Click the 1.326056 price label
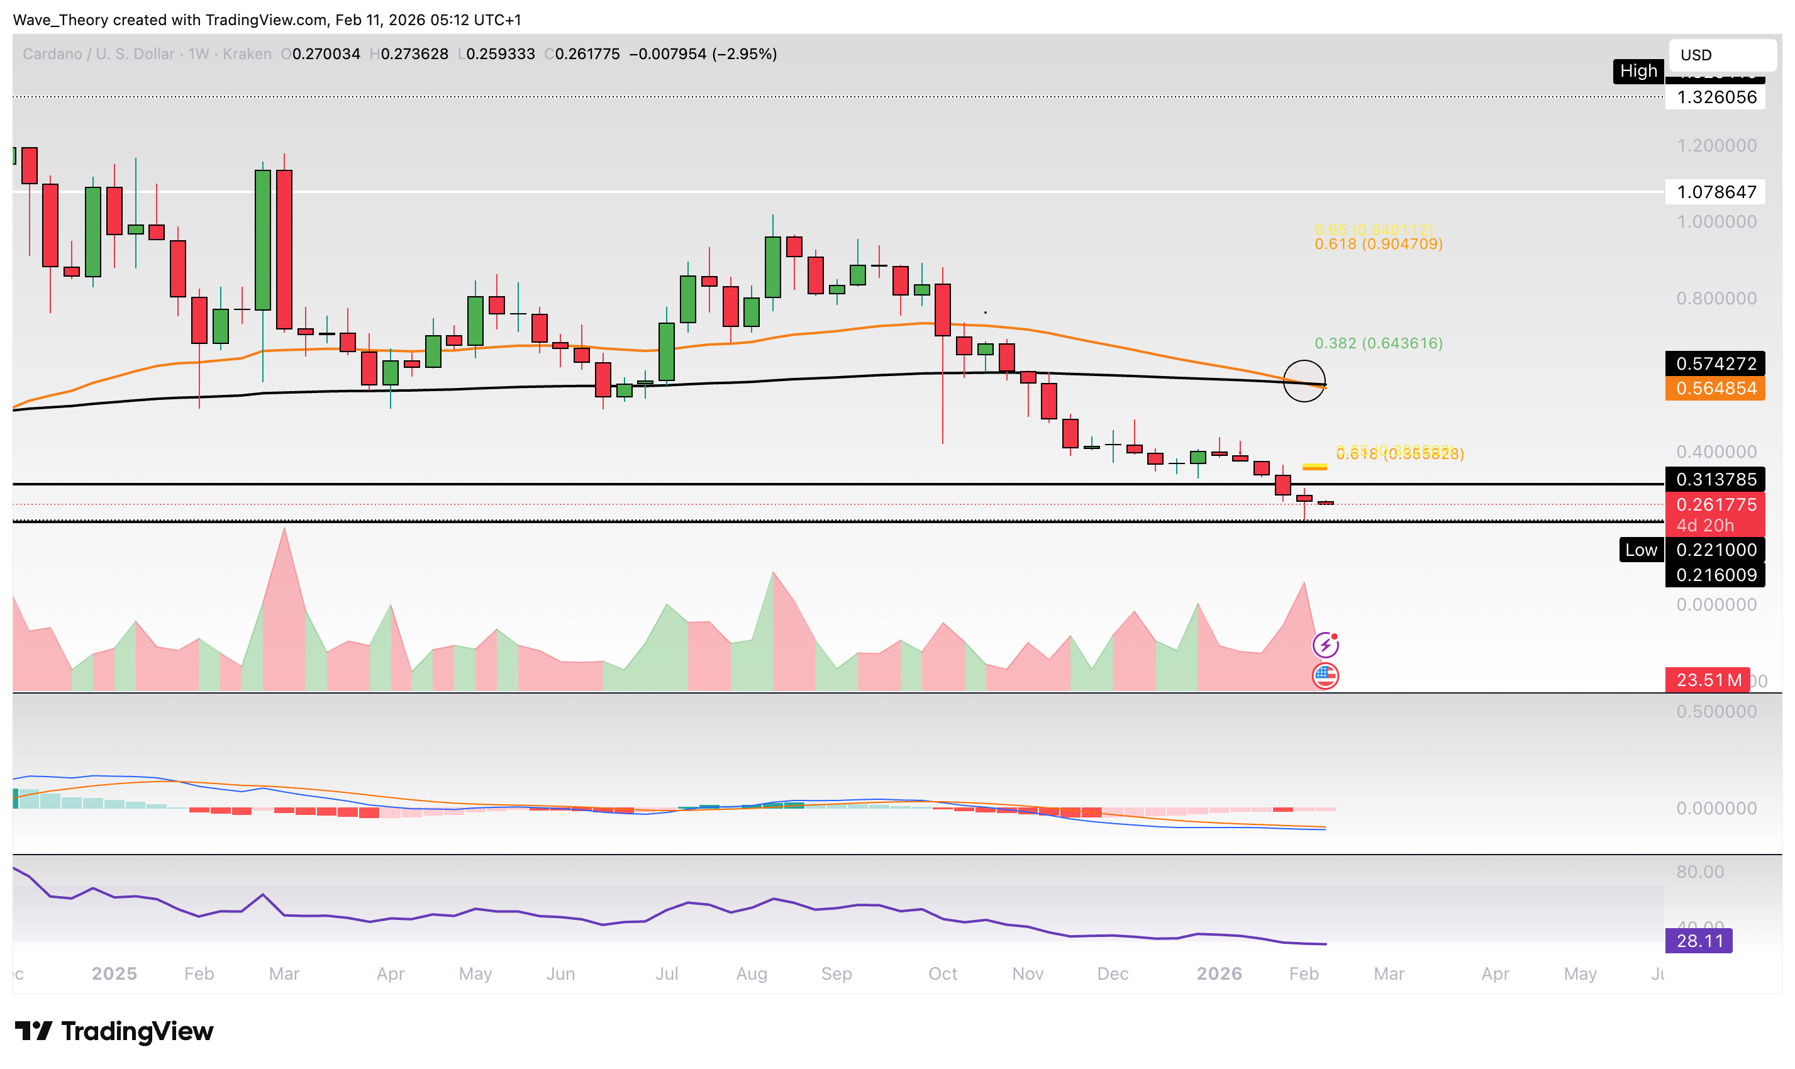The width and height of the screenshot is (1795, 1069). click(1716, 97)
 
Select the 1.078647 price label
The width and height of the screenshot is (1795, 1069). click(1716, 192)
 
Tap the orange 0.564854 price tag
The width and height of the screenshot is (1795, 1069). click(1716, 389)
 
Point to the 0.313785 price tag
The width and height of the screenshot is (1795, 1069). click(1716, 480)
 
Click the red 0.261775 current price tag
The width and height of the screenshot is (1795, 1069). click(1716, 505)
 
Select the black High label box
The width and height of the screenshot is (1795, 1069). click(1638, 71)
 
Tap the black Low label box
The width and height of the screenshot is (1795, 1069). click(1642, 550)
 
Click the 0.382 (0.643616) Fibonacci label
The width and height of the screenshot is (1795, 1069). click(1379, 343)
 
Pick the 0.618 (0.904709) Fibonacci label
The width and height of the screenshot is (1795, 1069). click(1379, 244)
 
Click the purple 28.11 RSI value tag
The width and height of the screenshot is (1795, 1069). click(1700, 941)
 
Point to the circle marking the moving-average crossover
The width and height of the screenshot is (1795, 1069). click(1304, 381)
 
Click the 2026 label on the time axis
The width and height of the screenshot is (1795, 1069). click(1219, 974)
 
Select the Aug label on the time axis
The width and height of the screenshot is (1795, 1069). click(752, 974)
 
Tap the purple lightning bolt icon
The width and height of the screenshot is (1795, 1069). click(1325, 645)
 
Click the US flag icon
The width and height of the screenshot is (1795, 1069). click(1325, 677)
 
